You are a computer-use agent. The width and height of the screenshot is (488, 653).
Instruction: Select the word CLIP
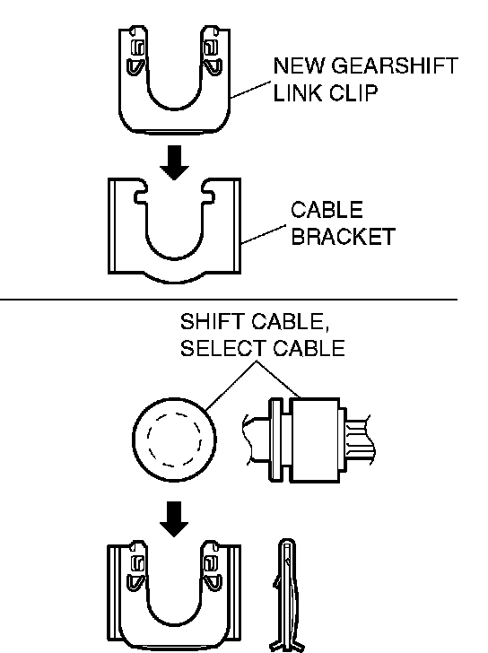353,93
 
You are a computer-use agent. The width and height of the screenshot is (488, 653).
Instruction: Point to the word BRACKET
343,237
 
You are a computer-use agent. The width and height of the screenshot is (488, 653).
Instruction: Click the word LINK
297,93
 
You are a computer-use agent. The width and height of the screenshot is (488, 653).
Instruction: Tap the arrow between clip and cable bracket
174,162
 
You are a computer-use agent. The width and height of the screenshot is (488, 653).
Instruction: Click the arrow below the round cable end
174,518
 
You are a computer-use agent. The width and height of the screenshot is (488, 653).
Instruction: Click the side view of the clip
287,596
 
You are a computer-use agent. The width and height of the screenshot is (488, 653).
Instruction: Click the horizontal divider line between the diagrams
229,299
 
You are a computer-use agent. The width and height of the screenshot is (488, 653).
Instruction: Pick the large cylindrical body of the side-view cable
314,440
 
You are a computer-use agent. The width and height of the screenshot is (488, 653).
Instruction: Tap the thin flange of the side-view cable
274,440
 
